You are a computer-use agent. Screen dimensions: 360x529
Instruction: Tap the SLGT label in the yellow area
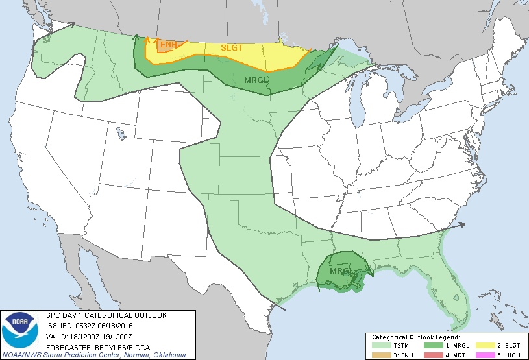[x=232, y=48]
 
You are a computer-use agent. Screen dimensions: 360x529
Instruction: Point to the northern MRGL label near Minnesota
[x=256, y=80]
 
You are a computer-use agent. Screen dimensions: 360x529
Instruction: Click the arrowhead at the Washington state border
[x=71, y=25]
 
